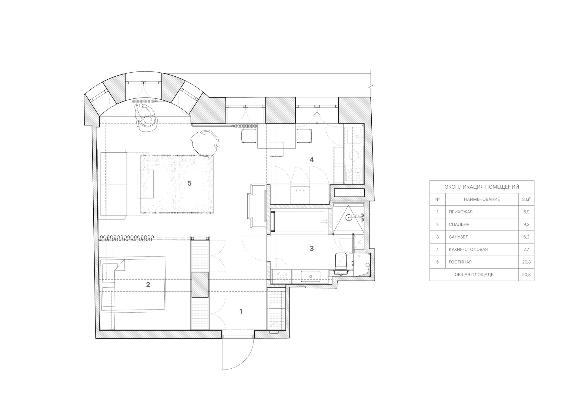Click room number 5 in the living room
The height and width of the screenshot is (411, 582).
pos(189,183)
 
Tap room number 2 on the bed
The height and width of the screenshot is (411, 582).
pos(148,285)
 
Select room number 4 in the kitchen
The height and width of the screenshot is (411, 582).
pos(312,160)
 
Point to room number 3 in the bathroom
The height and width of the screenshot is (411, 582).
pos(312,249)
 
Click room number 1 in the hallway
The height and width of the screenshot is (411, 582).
pos(241,311)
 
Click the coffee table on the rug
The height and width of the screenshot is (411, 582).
pos(146,184)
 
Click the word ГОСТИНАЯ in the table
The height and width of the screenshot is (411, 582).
pos(460,262)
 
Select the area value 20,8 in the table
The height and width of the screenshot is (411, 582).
pos(526,262)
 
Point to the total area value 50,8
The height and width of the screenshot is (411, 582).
pos(526,275)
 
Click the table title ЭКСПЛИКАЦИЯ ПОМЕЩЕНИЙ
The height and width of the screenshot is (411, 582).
pos(482,187)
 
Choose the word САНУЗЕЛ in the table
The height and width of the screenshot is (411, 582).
pos(459,237)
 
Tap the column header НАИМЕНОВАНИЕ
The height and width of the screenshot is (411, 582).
pos(482,199)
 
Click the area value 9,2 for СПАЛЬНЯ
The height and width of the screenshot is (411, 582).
pos(526,224)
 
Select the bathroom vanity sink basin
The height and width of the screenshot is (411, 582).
pos(310,277)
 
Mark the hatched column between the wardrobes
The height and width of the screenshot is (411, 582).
pos(200,285)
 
